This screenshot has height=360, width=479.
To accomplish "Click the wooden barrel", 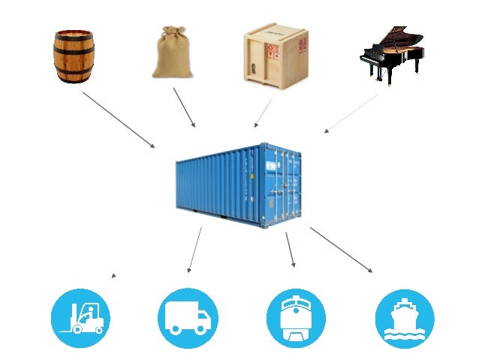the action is [74, 56].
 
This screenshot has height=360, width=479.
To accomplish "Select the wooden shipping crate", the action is [276, 54].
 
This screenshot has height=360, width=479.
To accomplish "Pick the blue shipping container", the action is [238, 183].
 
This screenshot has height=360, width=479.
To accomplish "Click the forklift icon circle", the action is [80, 318].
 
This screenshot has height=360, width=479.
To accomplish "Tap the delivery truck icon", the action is [188, 318].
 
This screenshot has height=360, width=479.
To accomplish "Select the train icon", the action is [296, 318].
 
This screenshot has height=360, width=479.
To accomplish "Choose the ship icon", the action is [405, 318].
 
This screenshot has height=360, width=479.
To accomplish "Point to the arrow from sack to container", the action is [184, 107].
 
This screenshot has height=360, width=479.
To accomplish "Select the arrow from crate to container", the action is [263, 113].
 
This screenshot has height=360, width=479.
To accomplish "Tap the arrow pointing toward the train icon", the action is [290, 250].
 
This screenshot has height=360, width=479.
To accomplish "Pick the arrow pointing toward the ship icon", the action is [341, 250].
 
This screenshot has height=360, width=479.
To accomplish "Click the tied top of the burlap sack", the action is [169, 35].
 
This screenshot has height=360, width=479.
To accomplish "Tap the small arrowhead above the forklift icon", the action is [113, 276].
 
